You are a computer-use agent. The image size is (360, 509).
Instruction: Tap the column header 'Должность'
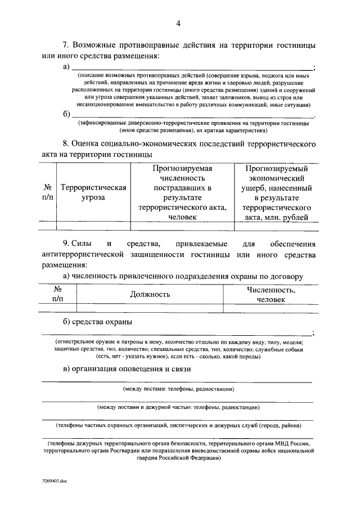pos(150,294)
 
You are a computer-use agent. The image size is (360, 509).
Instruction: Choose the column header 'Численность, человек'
pos(271,294)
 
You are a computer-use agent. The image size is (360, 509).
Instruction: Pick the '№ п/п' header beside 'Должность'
pos(57,294)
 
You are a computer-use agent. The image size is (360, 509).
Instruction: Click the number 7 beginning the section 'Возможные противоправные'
pos(64,44)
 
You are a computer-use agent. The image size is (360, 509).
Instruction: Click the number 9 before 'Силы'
pos(66,244)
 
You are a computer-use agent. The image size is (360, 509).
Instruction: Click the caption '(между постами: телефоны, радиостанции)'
pos(178,389)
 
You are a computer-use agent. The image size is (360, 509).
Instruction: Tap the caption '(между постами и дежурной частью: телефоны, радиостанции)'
pos(178,407)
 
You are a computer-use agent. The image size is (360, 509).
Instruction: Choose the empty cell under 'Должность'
pos(150,308)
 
